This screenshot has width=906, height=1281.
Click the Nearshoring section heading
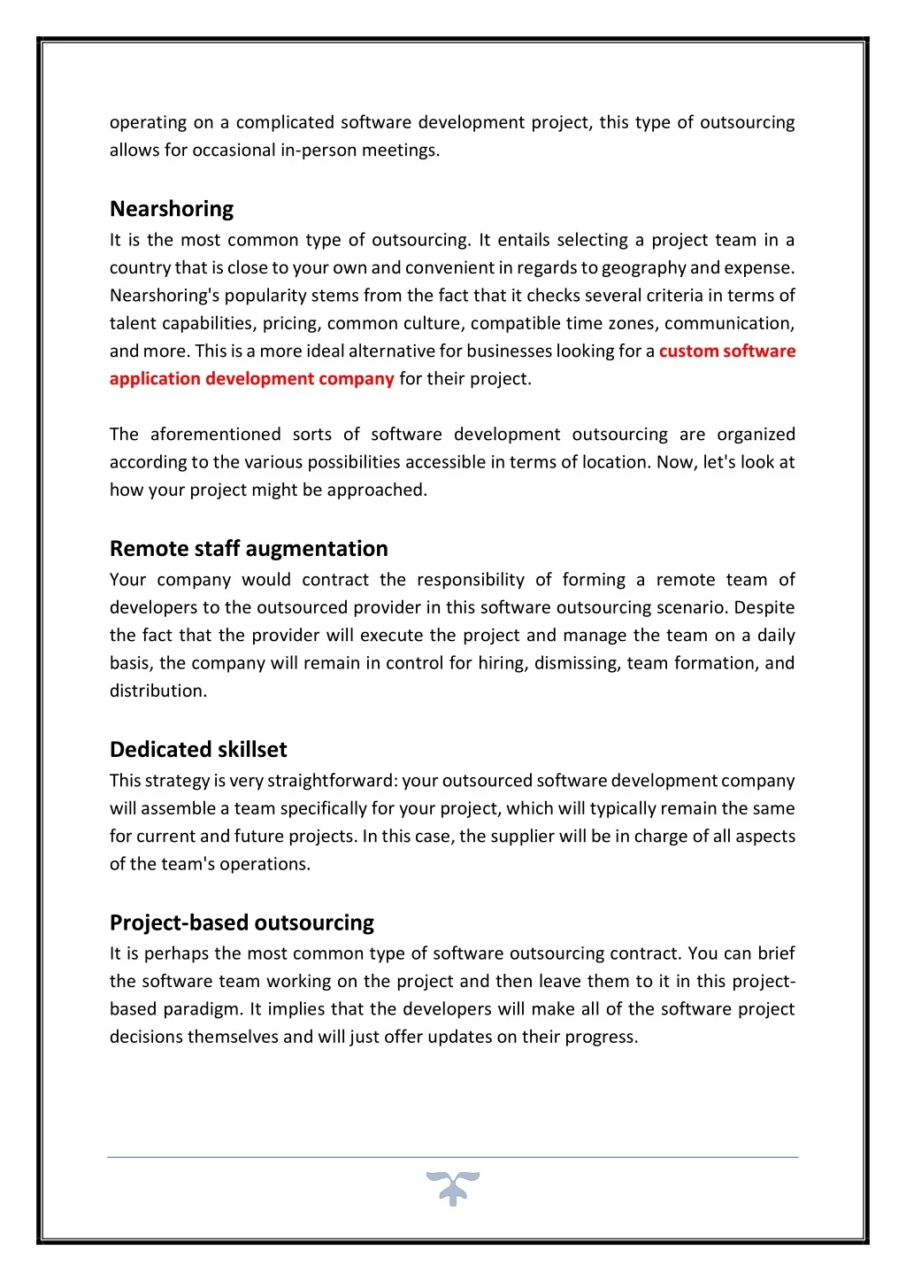(172, 209)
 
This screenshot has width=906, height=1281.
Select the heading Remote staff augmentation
(249, 549)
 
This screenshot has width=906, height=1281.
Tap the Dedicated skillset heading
(198, 750)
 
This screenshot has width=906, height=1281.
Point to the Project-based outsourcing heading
(242, 922)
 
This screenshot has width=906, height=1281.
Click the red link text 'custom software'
(726, 351)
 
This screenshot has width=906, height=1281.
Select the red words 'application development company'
(251, 379)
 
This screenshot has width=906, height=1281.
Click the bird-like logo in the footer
(452, 1188)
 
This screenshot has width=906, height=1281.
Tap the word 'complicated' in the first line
(285, 122)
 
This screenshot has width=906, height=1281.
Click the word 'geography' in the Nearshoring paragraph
(642, 267)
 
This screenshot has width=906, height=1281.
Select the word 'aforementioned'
(215, 435)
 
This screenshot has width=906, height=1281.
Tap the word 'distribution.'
(158, 691)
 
